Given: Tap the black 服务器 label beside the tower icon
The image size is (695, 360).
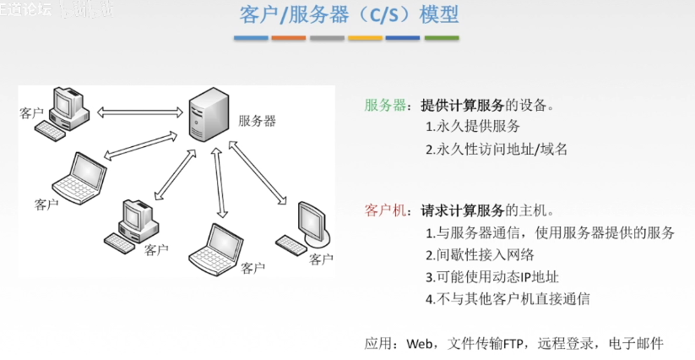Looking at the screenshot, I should coord(258,121).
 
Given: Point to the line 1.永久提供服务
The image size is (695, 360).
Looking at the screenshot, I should coord(473,127).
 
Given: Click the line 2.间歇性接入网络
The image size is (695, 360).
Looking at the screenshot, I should coord(480,254).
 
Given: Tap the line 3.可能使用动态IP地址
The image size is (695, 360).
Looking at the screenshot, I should coord(491,276).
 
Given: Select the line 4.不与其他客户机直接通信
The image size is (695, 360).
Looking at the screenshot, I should coord(508,298).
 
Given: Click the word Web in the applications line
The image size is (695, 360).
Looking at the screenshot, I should coord(420,343).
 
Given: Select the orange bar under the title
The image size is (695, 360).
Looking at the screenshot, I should coord(289,38).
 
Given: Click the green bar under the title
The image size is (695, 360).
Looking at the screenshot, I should coord(441,38).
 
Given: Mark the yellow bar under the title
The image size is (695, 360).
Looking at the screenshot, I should coord(365,38).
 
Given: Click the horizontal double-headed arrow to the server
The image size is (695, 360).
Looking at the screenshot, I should coord(140,111).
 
